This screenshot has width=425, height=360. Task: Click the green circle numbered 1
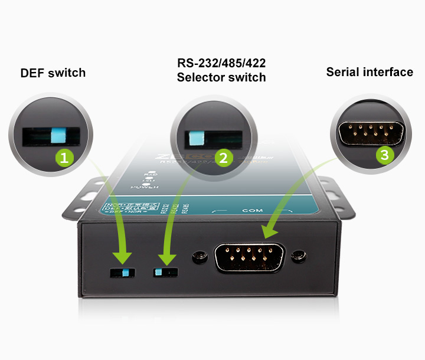(x=64, y=157)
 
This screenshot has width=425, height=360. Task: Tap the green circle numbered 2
(x=223, y=158)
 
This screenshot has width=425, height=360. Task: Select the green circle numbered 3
(x=385, y=155)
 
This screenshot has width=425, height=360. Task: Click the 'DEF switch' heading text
(x=53, y=73)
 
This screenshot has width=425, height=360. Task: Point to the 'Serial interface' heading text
(x=370, y=72)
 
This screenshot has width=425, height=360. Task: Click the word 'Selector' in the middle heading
(x=201, y=77)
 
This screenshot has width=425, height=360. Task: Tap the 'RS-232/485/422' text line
(x=221, y=63)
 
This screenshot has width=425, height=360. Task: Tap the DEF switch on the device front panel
(x=123, y=272)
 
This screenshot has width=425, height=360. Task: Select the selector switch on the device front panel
(x=165, y=272)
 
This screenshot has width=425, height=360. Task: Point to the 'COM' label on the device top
(x=252, y=210)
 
